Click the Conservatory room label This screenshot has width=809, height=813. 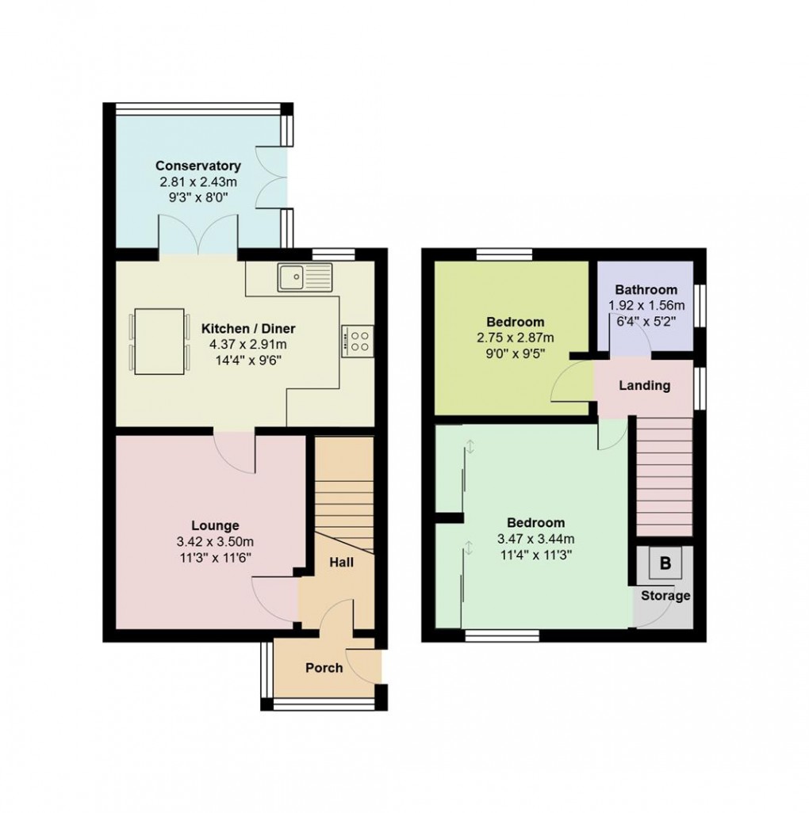click(x=197, y=166)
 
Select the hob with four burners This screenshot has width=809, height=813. click(x=358, y=341)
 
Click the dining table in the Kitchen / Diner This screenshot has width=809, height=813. click(x=159, y=341)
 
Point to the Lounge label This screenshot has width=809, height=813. click(x=215, y=525)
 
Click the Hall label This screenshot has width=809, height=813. click(x=342, y=562)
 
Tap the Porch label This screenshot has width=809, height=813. click(x=324, y=668)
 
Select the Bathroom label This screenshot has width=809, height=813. click(x=646, y=289)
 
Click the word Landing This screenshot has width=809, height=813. click(x=645, y=386)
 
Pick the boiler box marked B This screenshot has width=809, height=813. click(x=665, y=564)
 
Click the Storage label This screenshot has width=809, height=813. click(x=665, y=595)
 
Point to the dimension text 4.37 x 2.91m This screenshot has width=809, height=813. click(x=248, y=345)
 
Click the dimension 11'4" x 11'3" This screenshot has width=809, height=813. click(x=536, y=555)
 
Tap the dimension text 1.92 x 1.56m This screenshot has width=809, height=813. click(x=646, y=305)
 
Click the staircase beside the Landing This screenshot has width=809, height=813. click(x=665, y=475)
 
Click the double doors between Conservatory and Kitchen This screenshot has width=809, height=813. click(x=198, y=240)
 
